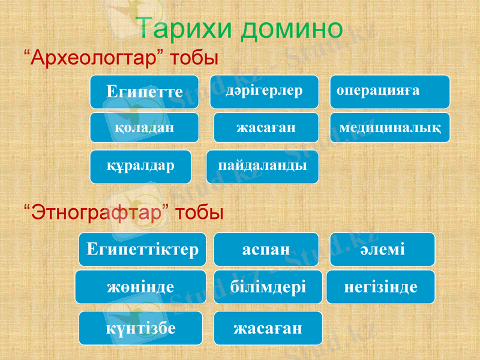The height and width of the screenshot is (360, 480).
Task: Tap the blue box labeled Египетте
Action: (145, 92)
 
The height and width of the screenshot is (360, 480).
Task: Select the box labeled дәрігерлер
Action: (264, 91)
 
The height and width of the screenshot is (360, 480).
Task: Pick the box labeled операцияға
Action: (390, 91)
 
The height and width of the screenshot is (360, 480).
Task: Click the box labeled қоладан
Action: (145, 127)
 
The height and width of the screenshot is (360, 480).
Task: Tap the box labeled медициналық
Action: (390, 127)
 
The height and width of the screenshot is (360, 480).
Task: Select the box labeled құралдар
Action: (141, 166)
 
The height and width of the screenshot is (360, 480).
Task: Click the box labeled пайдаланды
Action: (263, 166)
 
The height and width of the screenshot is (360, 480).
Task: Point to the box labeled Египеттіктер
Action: (142, 249)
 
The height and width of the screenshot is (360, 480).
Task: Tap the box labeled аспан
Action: (266, 249)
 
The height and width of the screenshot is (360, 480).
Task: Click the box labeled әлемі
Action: (383, 249)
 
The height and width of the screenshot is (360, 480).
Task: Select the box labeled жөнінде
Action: (142, 287)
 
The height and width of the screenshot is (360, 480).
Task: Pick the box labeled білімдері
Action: (268, 287)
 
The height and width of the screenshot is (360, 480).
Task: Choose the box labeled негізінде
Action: (381, 287)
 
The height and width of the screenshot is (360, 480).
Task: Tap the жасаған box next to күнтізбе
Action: (268, 327)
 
